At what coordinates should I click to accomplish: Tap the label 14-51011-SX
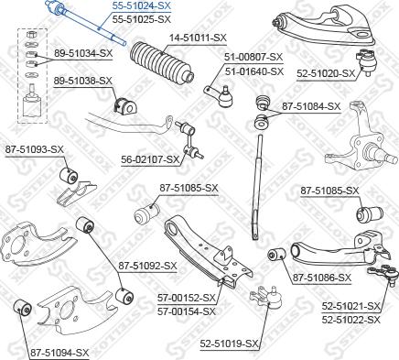click(170, 37)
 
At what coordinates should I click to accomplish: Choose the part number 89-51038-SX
click(83, 81)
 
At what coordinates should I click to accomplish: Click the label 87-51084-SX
click(311, 106)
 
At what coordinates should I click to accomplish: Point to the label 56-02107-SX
click(151, 158)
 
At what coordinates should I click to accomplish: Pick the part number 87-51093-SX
click(33, 148)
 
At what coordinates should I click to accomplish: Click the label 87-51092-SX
click(148, 266)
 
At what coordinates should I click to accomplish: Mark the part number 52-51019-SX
click(230, 344)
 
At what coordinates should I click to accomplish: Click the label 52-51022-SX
click(354, 320)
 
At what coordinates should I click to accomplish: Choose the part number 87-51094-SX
click(59, 351)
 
